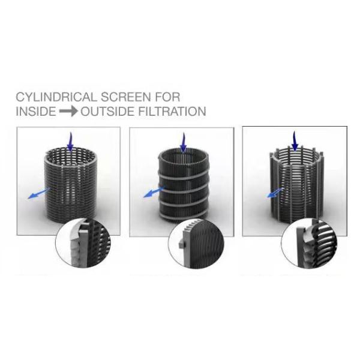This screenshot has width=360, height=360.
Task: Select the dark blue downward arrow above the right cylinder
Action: pyautogui.click(x=295, y=141)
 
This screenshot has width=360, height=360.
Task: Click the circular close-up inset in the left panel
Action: pyautogui.click(x=80, y=247)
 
